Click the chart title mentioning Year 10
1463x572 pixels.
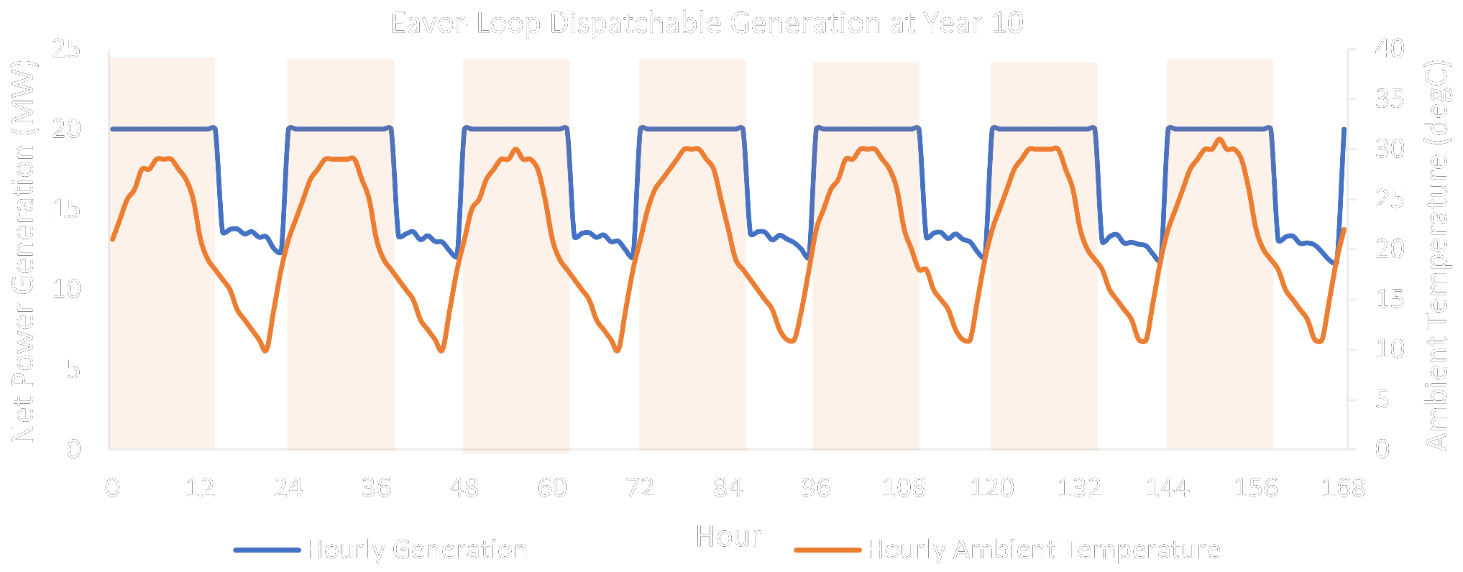click(707, 24)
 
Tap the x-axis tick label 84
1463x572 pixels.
click(728, 489)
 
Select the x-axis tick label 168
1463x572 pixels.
click(1343, 489)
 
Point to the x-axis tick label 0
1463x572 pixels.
click(113, 489)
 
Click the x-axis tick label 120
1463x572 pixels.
click(991, 489)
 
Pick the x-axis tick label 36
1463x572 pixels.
click(376, 489)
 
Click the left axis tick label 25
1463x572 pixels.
click(67, 50)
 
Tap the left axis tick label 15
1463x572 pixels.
click(67, 210)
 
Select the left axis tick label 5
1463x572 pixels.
click(73, 370)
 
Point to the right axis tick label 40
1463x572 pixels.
click(1389, 50)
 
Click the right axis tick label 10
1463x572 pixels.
click(1389, 350)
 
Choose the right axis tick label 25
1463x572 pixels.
click(1389, 200)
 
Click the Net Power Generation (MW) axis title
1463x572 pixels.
click(24, 252)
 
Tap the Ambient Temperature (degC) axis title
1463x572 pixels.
click(1436, 255)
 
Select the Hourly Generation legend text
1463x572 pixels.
click(417, 550)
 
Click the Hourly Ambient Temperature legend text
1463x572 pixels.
click(1043, 550)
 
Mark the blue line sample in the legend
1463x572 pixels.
click(267, 550)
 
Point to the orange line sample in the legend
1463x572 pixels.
click(827, 550)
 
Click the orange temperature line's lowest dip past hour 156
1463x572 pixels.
click(1318, 341)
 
